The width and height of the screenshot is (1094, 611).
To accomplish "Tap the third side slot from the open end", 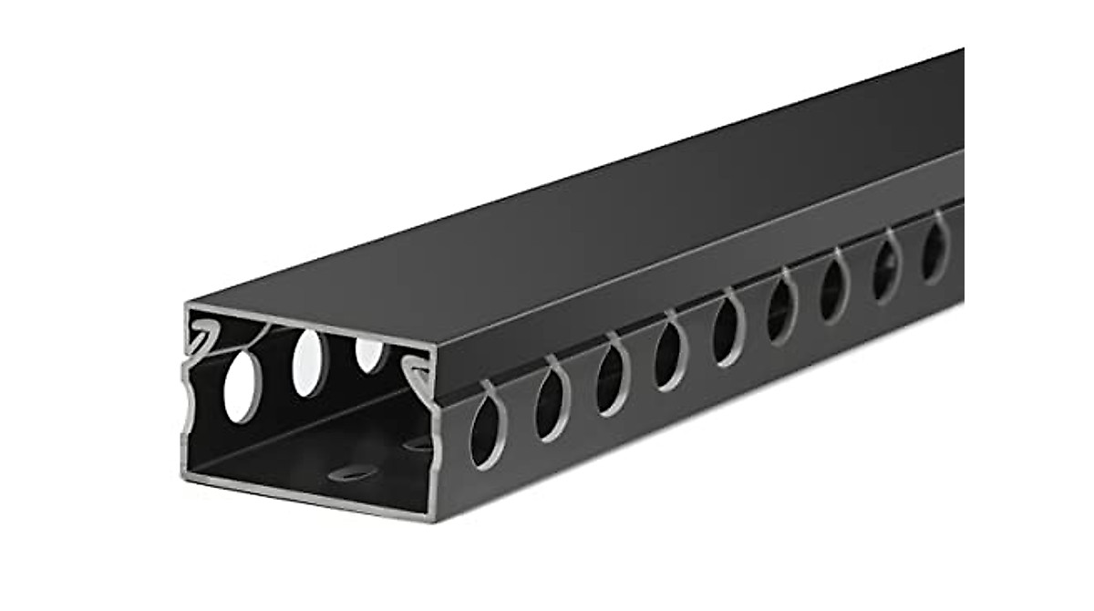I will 610,378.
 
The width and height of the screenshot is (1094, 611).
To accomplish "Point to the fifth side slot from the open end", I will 728,330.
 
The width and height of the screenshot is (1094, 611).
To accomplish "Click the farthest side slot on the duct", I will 934,247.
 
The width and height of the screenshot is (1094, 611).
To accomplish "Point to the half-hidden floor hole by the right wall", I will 421,444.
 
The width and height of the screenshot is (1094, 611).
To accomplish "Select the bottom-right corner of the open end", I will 437,516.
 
